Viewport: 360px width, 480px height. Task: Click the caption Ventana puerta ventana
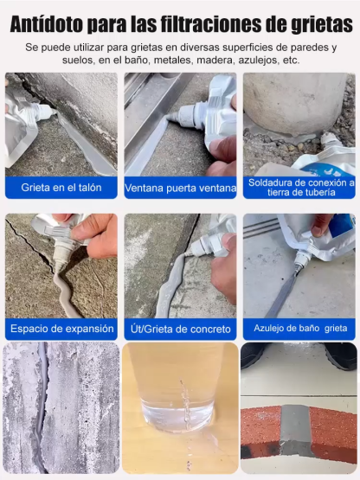(x=179, y=187)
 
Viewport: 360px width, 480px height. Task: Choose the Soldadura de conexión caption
(x=300, y=188)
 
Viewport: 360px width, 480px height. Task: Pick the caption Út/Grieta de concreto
(x=179, y=329)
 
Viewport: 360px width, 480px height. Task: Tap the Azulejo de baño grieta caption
(x=300, y=329)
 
